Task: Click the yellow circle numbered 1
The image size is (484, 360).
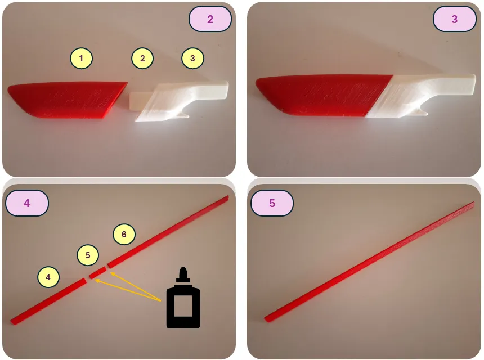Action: [x=81, y=58]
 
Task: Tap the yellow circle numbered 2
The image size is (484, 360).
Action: [x=142, y=58]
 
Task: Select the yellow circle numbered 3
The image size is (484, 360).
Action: [x=192, y=58]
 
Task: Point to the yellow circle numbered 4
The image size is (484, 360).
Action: [x=48, y=277]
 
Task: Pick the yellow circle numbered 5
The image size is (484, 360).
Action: [x=88, y=255]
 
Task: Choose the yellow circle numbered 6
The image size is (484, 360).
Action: [x=124, y=234]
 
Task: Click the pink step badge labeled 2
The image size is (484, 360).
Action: [x=210, y=19]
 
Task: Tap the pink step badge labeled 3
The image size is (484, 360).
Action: [x=454, y=19]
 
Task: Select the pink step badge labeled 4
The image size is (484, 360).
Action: [x=27, y=203]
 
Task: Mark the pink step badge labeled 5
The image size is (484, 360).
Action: [x=272, y=203]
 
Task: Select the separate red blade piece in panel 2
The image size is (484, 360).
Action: [x=66, y=100]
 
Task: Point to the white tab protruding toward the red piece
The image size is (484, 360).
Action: [x=141, y=100]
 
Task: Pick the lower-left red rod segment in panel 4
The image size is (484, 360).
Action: [x=48, y=301]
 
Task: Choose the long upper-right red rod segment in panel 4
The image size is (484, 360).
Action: [x=168, y=231]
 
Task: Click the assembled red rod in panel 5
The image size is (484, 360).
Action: [x=369, y=262]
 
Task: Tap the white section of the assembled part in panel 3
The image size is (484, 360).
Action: [x=420, y=96]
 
